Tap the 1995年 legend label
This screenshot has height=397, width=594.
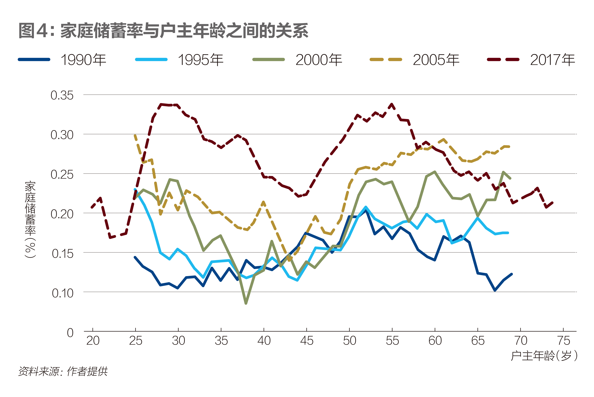(x=201, y=60)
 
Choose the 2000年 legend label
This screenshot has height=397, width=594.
(x=319, y=60)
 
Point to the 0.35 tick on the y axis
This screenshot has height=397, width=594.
(x=62, y=95)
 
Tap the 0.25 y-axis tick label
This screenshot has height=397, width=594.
(x=62, y=174)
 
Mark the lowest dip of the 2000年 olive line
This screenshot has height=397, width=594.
(x=246, y=303)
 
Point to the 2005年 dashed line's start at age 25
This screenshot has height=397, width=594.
(x=135, y=135)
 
